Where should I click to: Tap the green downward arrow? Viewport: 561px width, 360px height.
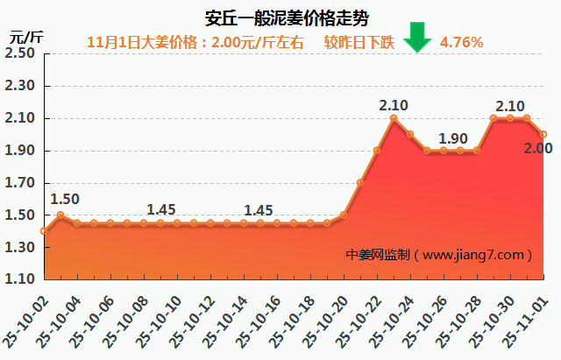[418, 38]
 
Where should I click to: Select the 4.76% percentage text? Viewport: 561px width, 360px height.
[461, 41]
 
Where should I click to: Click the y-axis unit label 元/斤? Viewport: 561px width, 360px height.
[25, 37]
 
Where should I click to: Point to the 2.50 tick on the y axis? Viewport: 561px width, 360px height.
[19, 53]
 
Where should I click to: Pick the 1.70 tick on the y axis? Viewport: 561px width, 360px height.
[19, 183]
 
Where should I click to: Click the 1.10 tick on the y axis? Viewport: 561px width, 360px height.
[19, 279]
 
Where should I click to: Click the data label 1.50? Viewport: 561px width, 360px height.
[65, 199]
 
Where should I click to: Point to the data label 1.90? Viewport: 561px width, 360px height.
[453, 138]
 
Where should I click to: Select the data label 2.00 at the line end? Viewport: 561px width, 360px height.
[537, 149]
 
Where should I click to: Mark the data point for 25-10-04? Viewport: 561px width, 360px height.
[77, 223]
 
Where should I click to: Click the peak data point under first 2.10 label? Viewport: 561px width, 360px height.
[394, 118]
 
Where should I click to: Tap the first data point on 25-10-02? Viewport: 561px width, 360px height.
[44, 231]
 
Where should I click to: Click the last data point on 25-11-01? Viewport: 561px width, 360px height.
[543, 134]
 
